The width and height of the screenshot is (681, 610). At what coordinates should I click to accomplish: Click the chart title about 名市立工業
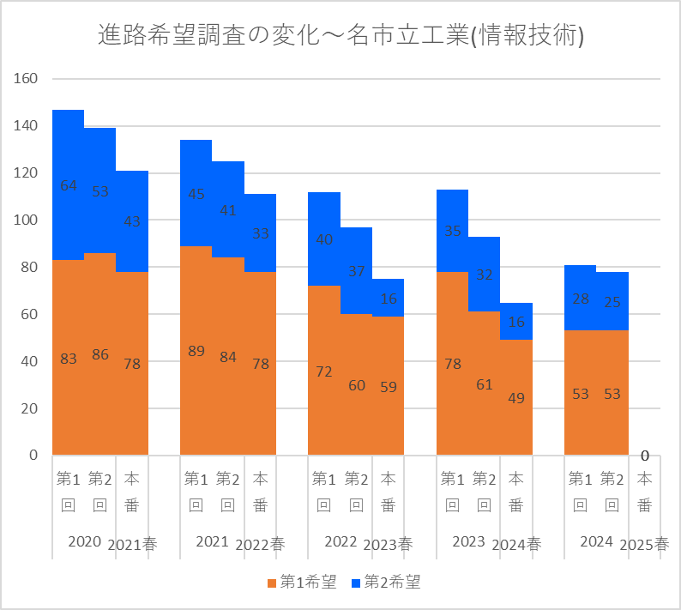coord(341,35)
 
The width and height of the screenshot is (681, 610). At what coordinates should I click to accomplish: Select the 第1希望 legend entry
coord(301,583)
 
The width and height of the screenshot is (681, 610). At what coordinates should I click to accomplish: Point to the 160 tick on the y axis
coord(27,79)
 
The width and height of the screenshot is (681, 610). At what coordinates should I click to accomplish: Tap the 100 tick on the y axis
coord(27,220)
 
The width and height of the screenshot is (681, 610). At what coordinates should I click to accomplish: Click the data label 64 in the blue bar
coord(69,185)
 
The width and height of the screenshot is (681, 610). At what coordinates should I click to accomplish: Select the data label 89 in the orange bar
coord(196,351)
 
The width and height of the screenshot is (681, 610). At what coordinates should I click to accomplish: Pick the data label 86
coord(100,354)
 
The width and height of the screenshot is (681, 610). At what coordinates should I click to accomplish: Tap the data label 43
coord(132,221)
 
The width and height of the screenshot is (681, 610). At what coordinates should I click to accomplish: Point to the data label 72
coord(324,371)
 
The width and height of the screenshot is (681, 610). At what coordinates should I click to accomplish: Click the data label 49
coord(516,398)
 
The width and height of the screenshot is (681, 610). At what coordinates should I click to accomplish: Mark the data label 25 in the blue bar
coord(612,302)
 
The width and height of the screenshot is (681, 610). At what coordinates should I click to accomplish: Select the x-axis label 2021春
coord(132,544)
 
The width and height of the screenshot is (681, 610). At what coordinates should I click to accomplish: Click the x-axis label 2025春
coord(645,544)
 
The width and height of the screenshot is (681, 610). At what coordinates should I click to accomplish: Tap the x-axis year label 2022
coord(340,541)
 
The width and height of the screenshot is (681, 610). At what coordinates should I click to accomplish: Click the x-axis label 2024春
coord(516,544)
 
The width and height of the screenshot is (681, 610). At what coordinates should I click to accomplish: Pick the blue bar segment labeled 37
coord(356,292)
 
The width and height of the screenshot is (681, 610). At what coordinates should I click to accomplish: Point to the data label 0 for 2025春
coord(644,456)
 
